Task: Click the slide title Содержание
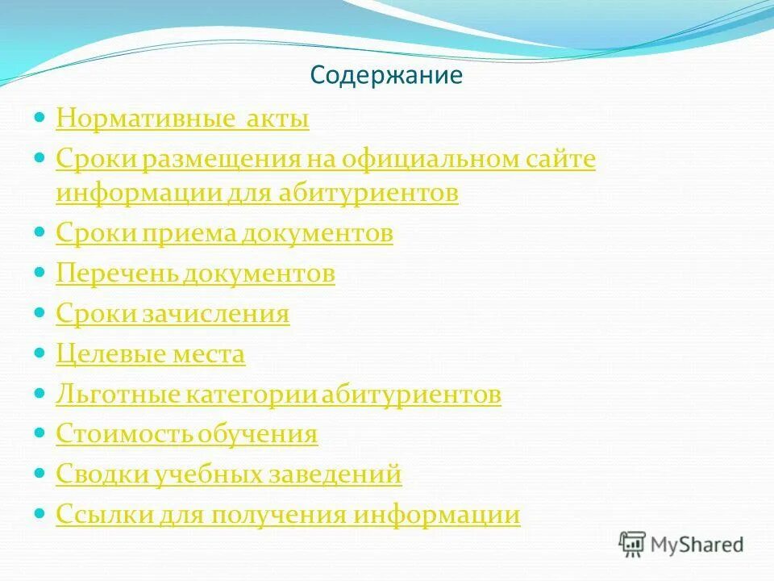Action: click(x=386, y=76)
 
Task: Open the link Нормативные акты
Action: click(x=182, y=119)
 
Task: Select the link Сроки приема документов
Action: click(x=224, y=233)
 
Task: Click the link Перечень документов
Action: click(x=195, y=274)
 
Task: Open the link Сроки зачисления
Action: click(x=173, y=314)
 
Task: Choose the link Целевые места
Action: click(x=150, y=354)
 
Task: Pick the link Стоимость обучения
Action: click(x=187, y=434)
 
